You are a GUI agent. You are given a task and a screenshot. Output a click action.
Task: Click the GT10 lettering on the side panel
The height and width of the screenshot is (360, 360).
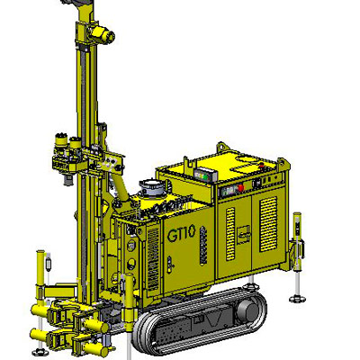pyautogui.click(x=182, y=234)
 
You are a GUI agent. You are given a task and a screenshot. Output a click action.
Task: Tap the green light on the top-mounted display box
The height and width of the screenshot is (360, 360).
pyautogui.click(x=205, y=176)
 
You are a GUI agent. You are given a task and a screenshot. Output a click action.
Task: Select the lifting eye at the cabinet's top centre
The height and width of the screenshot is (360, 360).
pyautogui.click(x=222, y=147)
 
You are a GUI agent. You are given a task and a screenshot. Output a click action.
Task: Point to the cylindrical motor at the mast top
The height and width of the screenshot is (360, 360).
pyautogui.click(x=102, y=34)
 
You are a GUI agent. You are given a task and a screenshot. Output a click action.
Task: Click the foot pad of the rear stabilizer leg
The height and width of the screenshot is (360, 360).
pyautogui.click(x=297, y=299)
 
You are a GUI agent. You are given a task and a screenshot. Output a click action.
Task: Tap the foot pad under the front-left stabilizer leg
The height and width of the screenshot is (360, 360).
pyautogui.click(x=39, y=352)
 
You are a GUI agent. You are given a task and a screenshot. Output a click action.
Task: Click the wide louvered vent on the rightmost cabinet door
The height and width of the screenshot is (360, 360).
pyautogui.click(x=268, y=224)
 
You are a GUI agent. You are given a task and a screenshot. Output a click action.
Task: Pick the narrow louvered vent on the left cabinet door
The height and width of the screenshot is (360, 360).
pyautogui.click(x=230, y=234)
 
